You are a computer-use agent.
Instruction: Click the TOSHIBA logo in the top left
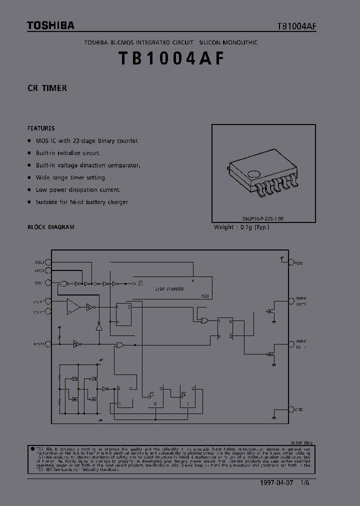pyautogui.click(x=50, y=25)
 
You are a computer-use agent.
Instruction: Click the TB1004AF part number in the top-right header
pyautogui.click(x=297, y=26)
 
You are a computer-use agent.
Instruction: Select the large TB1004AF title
pyautogui.click(x=171, y=59)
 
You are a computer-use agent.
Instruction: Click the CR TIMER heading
pyautogui.click(x=47, y=88)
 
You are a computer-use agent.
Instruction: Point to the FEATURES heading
pyautogui.click(x=41, y=128)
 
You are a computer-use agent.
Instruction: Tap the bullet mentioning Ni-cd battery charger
pyautogui.click(x=82, y=202)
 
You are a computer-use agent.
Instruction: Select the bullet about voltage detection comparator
pyautogui.click(x=87, y=165)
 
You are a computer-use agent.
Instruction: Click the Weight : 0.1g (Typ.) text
pyautogui.click(x=241, y=227)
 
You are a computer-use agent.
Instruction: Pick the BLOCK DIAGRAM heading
pyautogui.click(x=51, y=227)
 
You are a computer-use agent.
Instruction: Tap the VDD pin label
pyautogui.click(x=298, y=262)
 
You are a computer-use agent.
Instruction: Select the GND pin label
pyautogui.click(x=298, y=409)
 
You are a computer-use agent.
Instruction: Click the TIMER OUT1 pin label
pyautogui.click(x=300, y=301)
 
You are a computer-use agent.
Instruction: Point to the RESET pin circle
pyautogui.click(x=48, y=344)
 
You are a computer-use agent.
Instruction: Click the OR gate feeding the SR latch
pyautogui.click(x=203, y=321)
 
